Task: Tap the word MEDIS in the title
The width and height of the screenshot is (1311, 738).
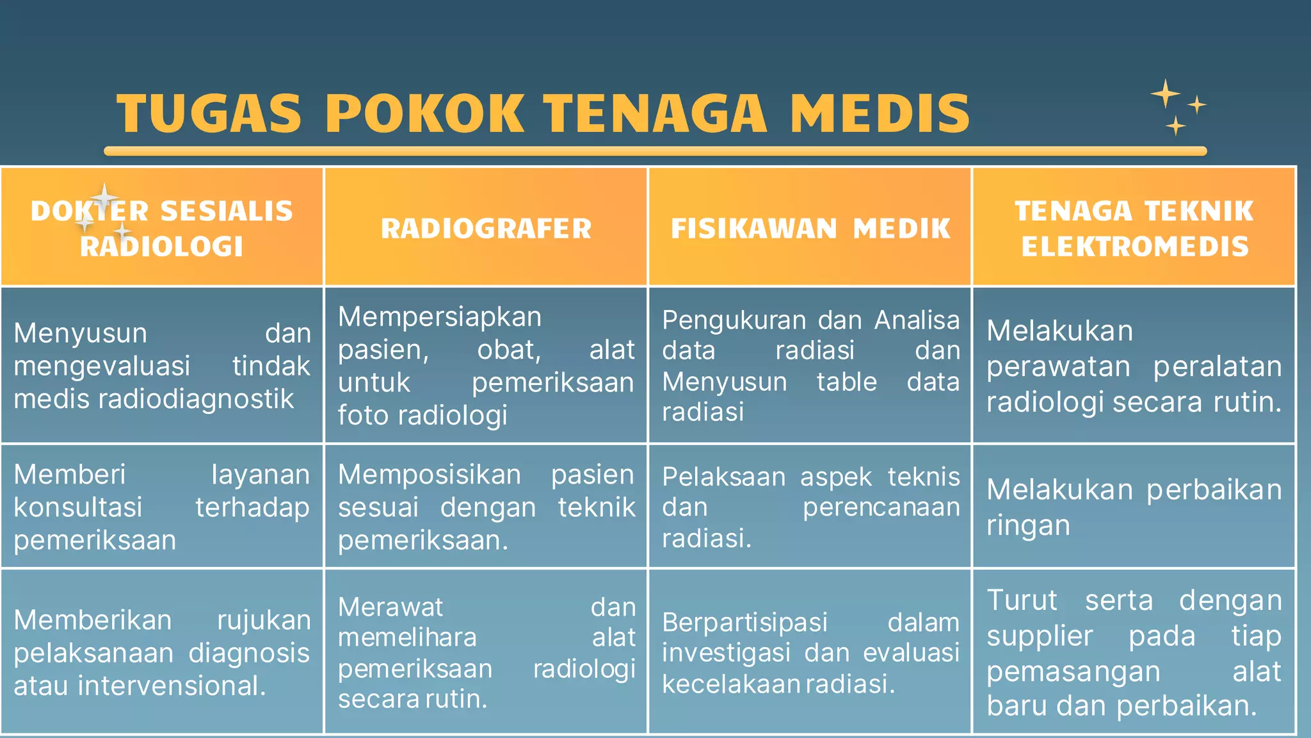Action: [x=880, y=114]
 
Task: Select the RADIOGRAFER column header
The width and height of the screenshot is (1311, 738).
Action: [x=486, y=229]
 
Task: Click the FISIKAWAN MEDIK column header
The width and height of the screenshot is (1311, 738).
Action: [x=810, y=229]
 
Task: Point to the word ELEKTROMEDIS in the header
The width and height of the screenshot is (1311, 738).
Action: [x=1135, y=247]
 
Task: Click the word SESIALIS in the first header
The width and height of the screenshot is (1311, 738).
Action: [x=227, y=211]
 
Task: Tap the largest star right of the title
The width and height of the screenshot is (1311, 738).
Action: [x=1166, y=94]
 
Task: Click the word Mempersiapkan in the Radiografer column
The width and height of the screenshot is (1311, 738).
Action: [x=440, y=317]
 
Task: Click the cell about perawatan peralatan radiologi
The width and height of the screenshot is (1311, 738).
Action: [x=1134, y=366]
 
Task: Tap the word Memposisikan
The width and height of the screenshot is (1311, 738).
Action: [x=430, y=475]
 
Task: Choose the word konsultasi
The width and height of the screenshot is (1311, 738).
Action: [x=78, y=507]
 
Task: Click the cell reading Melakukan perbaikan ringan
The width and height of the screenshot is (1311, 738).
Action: [x=1134, y=507]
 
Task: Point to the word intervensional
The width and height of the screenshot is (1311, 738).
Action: [x=171, y=686]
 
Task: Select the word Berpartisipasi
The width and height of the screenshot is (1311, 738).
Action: [x=744, y=623]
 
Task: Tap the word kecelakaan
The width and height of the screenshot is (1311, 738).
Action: [x=730, y=684]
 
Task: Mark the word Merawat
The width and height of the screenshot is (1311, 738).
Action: [x=390, y=607]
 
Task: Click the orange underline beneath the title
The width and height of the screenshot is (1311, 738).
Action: [x=655, y=151]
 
